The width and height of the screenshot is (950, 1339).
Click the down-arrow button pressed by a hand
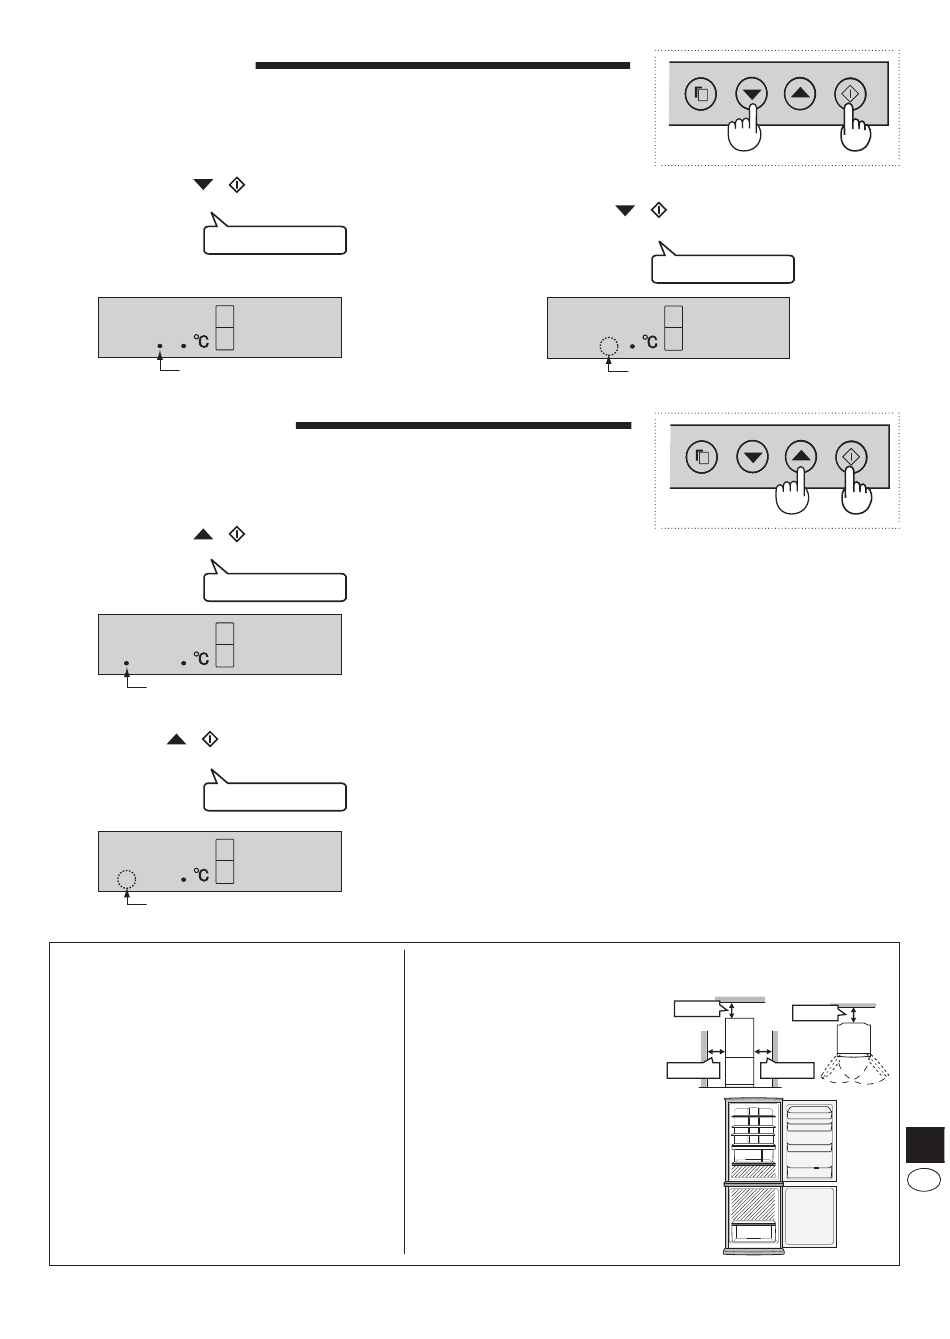(x=752, y=93)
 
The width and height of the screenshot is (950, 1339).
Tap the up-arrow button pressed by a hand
(x=801, y=456)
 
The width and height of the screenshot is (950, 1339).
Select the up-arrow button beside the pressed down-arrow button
(x=800, y=93)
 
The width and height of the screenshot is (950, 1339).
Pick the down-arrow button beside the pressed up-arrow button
(x=752, y=457)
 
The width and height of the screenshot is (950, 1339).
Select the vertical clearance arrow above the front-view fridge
(x=732, y=1011)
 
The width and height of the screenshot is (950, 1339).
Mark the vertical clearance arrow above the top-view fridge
(x=853, y=1015)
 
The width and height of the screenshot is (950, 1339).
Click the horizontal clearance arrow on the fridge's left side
(x=716, y=1051)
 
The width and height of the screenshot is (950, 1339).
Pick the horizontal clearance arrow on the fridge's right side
(x=763, y=1051)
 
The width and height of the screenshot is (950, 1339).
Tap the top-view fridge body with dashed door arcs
(x=854, y=1040)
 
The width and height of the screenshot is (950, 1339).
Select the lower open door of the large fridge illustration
(x=810, y=1216)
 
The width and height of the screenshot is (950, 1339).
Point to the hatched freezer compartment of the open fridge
(x=753, y=1205)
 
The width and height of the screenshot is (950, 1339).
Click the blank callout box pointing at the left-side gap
(x=693, y=1069)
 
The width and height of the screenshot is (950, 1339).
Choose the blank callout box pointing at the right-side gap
(x=787, y=1069)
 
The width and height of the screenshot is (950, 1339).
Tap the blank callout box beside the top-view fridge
(x=818, y=1013)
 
